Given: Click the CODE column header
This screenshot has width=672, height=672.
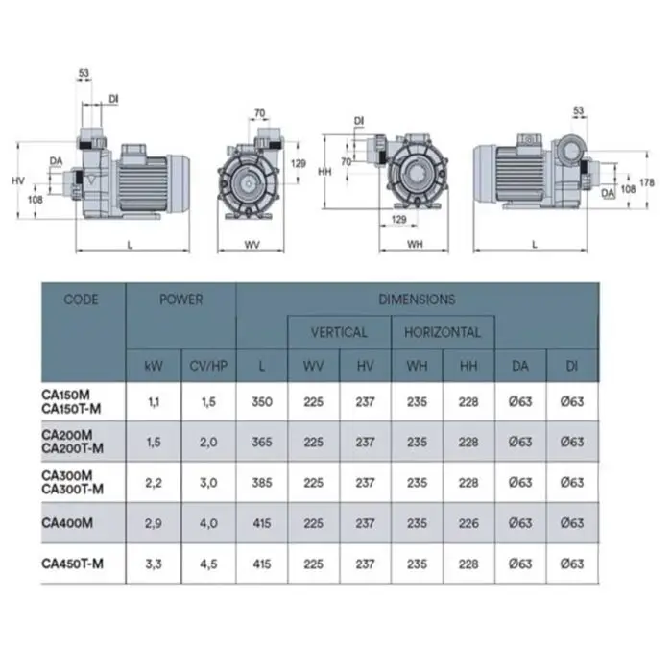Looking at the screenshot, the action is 81,300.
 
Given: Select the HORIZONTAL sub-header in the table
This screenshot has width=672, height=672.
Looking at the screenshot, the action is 443,332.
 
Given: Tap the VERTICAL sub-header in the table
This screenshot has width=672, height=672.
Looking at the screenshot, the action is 339,332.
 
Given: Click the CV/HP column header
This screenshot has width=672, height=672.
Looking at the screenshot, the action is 208,366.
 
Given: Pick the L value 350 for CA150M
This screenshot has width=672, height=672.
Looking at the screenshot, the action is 262,402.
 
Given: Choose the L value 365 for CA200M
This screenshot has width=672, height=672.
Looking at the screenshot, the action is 262,442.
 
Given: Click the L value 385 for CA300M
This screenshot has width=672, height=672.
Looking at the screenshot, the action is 262,483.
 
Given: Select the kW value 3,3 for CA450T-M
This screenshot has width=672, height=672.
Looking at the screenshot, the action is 154,564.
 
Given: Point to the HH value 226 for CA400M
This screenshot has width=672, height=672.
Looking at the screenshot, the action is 468,523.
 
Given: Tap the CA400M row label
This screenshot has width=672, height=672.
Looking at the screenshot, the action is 67,523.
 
